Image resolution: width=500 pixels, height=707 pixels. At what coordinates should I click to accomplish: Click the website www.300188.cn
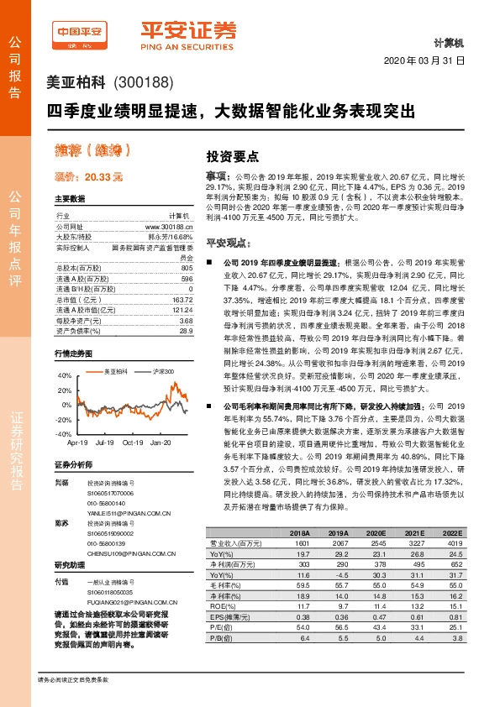click(170, 226)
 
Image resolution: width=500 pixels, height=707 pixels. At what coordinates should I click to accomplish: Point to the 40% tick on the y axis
click(65, 376)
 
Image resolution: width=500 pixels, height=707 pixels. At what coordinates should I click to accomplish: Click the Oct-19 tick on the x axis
click(132, 441)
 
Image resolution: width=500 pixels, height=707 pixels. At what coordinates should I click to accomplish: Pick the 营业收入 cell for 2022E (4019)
click(453, 542)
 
